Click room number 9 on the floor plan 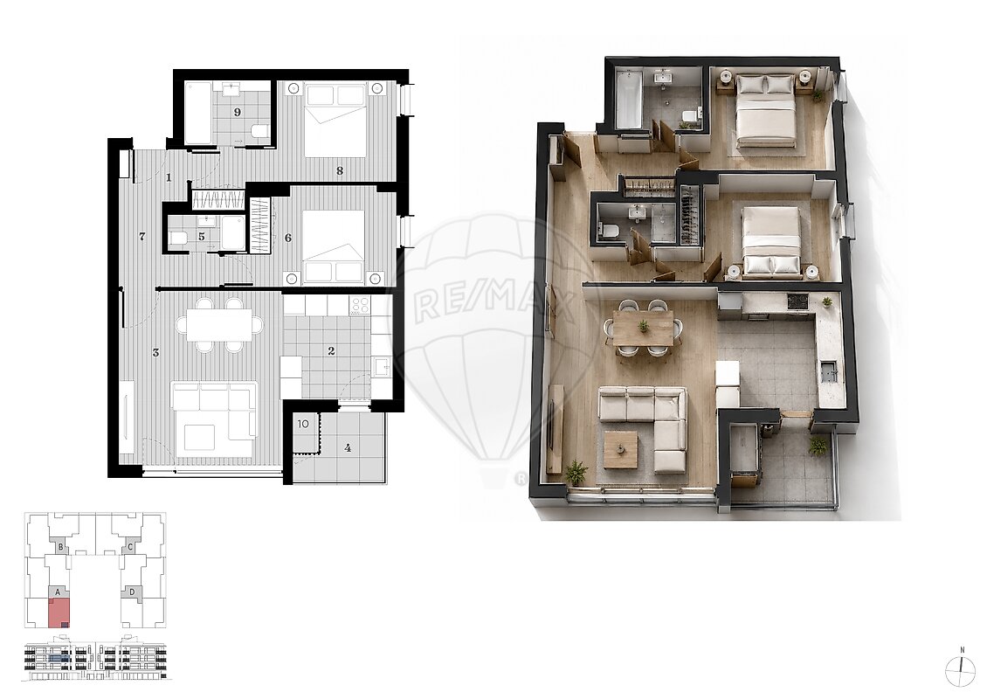pyautogui.click(x=238, y=113)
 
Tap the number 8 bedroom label pyautogui.click(x=340, y=170)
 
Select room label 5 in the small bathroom pyautogui.click(x=202, y=238)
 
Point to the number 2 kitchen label pyautogui.click(x=332, y=351)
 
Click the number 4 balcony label pyautogui.click(x=348, y=448)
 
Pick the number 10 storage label pyautogui.click(x=303, y=424)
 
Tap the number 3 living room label pyautogui.click(x=155, y=353)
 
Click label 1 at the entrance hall pyautogui.click(x=169, y=177)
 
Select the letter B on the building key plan pyautogui.click(x=60, y=548)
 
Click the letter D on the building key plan pyautogui.click(x=132, y=592)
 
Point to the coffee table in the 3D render pyautogui.click(x=621, y=450)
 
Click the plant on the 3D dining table pyautogui.click(x=644, y=326)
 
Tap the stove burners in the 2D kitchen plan pyautogui.click(x=359, y=306)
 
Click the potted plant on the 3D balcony pyautogui.click(x=818, y=446)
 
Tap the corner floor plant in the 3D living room pyautogui.click(x=576, y=472)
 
